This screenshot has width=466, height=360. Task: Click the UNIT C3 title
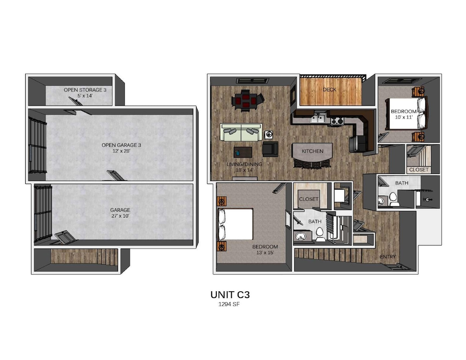[230, 295]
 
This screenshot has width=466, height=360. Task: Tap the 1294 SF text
[229, 304]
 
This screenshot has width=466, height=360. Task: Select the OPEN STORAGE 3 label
[85, 90]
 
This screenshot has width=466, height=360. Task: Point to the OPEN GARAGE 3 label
[121, 145]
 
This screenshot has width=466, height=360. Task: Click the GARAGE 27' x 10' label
[120, 213]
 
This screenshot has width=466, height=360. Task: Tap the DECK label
[329, 90]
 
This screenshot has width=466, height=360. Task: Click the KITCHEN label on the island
[312, 151]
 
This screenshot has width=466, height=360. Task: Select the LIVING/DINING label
[244, 164]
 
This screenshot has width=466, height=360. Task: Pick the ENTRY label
[388, 257]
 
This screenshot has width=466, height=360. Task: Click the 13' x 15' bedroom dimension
[265, 252]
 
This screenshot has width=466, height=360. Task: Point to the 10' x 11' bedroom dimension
[403, 117]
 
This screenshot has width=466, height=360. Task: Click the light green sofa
[241, 132]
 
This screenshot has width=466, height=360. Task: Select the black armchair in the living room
[270, 149]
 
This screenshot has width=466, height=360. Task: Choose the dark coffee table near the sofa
[243, 152]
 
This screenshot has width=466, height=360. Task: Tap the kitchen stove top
[337, 120]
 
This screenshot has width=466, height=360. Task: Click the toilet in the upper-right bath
[393, 198]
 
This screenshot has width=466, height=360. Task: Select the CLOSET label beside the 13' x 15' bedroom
[308, 199]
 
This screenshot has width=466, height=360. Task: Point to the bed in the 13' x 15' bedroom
[235, 224]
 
